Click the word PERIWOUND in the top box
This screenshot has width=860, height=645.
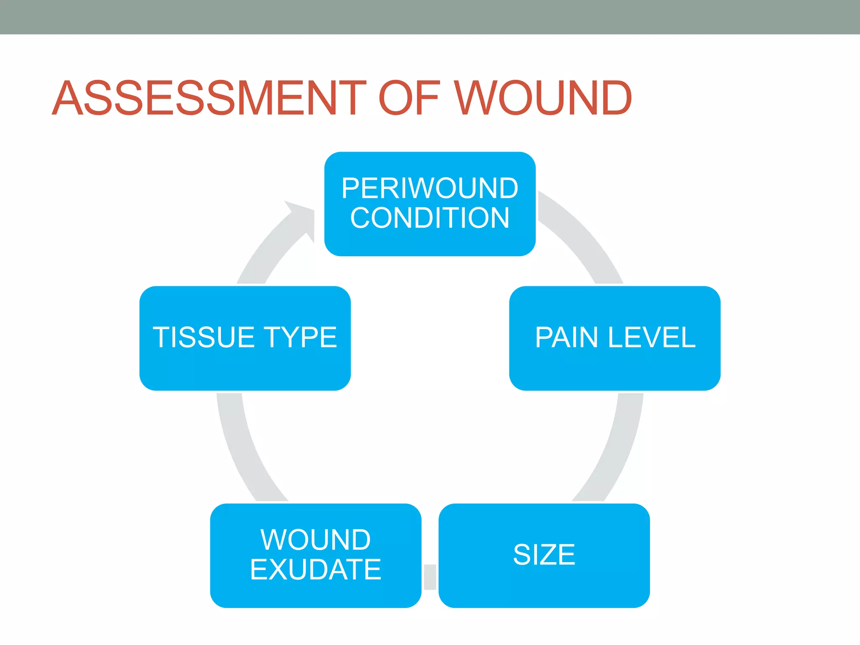pyautogui.click(x=430, y=188)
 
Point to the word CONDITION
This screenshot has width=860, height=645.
pyautogui.click(x=430, y=218)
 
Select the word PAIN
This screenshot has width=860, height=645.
pyautogui.click(x=566, y=337)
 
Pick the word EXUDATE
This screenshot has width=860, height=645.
pyautogui.click(x=315, y=569)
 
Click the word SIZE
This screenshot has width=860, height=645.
pyautogui.click(x=544, y=554)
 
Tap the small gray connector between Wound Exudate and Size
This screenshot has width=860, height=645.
pyautogui.click(x=430, y=577)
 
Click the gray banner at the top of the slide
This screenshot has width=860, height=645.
pyautogui.click(x=430, y=17)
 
